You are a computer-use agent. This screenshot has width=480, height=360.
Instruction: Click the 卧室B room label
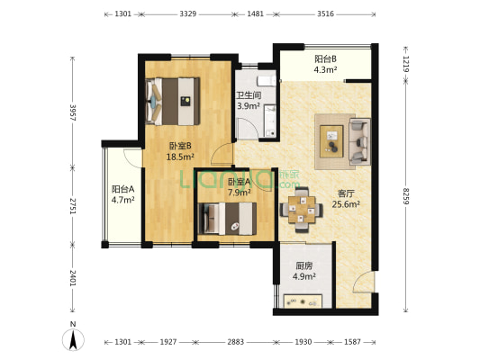point(180,146)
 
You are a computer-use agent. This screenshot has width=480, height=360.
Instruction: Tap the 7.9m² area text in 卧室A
point(240,193)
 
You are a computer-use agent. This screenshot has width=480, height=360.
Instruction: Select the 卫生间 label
point(249,95)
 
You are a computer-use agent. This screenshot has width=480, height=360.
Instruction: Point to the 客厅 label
point(346,193)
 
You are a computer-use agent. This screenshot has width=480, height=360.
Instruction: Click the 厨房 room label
point(304,265)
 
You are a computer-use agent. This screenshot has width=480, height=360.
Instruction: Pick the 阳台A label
point(122,189)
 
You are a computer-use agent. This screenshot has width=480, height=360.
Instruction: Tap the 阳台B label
point(325,58)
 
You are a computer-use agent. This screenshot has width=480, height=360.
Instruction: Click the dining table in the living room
point(302,210)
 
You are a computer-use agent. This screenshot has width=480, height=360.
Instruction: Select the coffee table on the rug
point(331,141)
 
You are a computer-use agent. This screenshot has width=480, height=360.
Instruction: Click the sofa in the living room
point(359,141)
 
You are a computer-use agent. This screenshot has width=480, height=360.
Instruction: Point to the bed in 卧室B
point(173,102)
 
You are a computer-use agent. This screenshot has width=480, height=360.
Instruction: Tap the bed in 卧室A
point(227,219)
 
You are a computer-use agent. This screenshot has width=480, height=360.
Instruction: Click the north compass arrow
point(73,340)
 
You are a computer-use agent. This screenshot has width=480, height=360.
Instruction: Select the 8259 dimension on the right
point(405,196)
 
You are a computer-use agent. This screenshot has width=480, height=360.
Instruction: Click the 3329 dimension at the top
point(187,14)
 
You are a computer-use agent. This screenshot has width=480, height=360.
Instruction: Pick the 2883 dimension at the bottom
point(235,342)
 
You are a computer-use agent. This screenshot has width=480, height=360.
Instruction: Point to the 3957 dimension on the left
point(73,112)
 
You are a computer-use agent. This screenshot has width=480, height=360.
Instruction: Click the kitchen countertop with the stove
point(303,301)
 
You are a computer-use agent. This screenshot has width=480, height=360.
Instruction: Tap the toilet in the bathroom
point(267,81)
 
